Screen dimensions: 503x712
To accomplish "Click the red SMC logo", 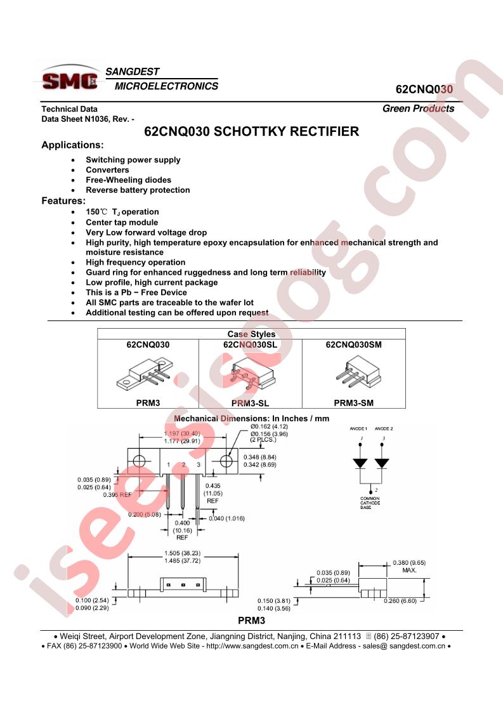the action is [70, 81].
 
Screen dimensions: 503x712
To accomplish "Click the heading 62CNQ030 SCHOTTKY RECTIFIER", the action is [251, 132].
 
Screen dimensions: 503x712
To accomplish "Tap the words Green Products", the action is [418, 109].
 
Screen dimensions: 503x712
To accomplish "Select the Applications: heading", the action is [73, 145].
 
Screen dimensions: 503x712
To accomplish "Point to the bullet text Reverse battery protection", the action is [138, 190].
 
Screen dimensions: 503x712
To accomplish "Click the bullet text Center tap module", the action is [122, 223].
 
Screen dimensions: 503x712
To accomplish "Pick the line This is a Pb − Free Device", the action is [136, 293].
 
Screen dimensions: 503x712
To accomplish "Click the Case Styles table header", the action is [251, 334].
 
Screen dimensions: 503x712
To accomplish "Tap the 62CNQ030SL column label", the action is [250, 345].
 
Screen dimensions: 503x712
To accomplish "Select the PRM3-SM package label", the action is [354, 403].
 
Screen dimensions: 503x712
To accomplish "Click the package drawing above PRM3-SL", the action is [251, 374].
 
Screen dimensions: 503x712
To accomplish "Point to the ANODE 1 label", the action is [358, 428].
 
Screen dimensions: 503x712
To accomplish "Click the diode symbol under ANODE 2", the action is [382, 463].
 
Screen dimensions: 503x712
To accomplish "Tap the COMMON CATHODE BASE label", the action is [370, 503].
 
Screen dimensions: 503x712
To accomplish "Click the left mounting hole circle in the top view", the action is [139, 461].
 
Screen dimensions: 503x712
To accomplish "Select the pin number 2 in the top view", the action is [183, 465].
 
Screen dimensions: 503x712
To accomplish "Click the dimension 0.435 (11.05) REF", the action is [212, 493].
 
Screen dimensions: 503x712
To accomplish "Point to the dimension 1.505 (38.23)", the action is [183, 553].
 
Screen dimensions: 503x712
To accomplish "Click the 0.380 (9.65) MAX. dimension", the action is [409, 566].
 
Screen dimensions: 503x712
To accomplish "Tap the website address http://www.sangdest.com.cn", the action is [252, 646].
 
